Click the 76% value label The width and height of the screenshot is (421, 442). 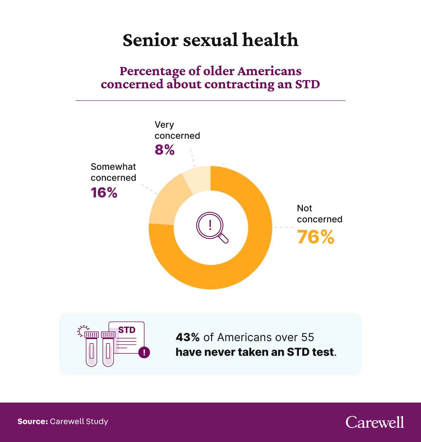point(315,237)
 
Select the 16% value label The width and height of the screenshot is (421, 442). point(104,193)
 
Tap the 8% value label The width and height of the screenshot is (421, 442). point(164,150)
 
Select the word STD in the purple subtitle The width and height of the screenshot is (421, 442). point(307,84)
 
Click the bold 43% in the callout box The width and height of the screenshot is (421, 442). point(188,337)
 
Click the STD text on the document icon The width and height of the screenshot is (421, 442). point(127,330)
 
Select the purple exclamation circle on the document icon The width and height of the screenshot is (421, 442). point(144,352)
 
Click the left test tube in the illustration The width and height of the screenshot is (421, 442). point(91,351)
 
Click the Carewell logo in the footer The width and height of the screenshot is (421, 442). point(375,422)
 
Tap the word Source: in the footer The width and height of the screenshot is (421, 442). point(33,422)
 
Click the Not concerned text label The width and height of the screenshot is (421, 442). point(319,214)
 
